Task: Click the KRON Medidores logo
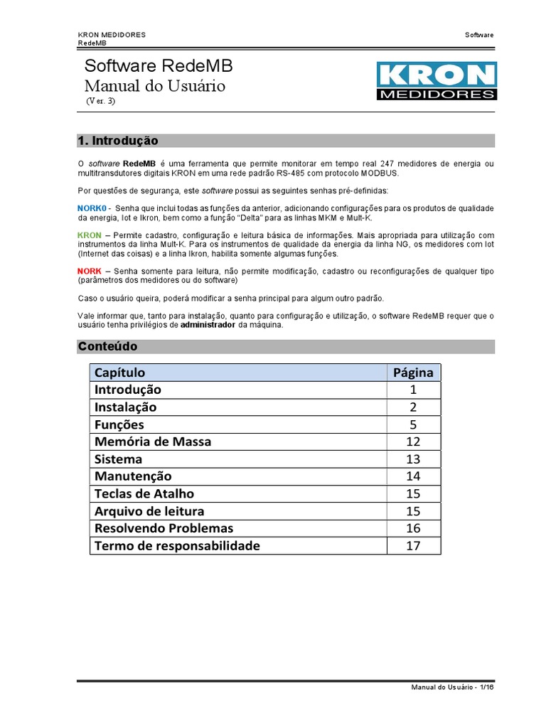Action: point(435,81)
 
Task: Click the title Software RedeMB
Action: point(158,66)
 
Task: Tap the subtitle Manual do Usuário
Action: point(154,86)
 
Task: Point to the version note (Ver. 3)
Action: point(100,101)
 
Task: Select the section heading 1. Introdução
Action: point(117,141)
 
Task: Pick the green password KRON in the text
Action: point(89,235)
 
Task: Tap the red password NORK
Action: point(89,272)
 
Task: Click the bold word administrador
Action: point(208,325)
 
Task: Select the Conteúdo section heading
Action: point(107,346)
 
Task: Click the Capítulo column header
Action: point(119,373)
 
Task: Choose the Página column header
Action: point(414,373)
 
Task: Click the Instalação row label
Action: point(125,407)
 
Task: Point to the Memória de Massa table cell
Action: point(152,441)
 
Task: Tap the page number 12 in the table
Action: point(414,441)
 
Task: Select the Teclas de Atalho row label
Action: point(144,493)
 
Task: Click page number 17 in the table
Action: point(414,545)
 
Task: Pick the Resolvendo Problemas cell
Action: point(164,528)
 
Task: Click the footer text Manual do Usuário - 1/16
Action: point(452,687)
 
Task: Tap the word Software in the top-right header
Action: point(479,35)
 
